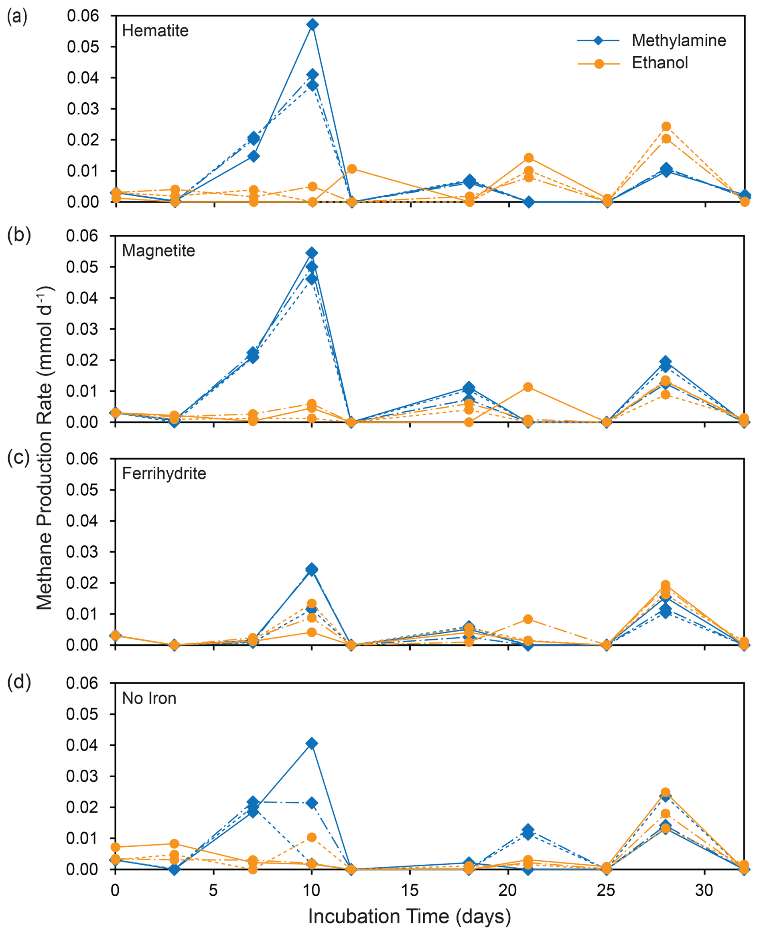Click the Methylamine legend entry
[678, 41]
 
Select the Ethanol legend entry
[660, 63]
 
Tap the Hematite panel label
[155, 30]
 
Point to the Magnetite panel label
[158, 250]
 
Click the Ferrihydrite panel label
[164, 474]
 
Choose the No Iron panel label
[149, 698]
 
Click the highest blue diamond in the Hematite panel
[312, 24]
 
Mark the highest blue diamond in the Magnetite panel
[312, 253]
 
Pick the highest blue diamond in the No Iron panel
[312, 744]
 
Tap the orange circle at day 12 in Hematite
[352, 169]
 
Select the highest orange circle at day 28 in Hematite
[666, 126]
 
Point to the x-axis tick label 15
[410, 890]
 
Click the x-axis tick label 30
[704, 890]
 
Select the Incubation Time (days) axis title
[409, 916]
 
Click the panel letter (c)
[19, 457]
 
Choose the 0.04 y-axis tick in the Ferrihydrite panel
[83, 521]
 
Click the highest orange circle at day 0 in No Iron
[116, 847]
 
